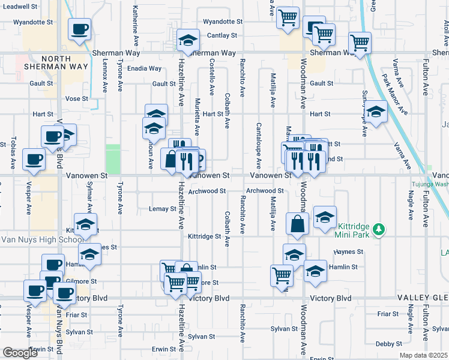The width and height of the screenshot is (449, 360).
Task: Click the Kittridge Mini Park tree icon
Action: [x=379, y=229]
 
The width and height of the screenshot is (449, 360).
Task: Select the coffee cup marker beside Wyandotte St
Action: [x=79, y=29]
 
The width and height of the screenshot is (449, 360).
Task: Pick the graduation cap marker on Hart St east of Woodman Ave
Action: [x=376, y=113]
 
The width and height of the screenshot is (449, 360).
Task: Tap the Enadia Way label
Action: [x=144, y=68]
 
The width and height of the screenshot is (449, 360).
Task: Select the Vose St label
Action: [x=77, y=98]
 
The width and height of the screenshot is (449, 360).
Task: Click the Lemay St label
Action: [x=161, y=209]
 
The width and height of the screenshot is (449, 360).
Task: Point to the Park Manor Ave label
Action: [x=394, y=94]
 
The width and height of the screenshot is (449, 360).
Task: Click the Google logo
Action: [x=20, y=352]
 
